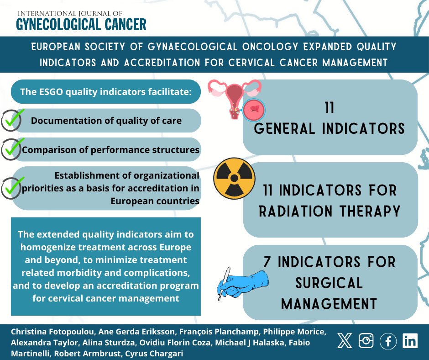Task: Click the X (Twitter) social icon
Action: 345,341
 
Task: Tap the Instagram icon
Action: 366,341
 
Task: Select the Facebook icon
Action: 388,341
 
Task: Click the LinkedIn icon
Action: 410,341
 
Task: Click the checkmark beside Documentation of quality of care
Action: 12,121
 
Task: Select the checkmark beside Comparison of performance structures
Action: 12,149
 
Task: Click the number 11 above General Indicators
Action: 330,108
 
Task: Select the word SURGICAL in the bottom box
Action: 329,283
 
